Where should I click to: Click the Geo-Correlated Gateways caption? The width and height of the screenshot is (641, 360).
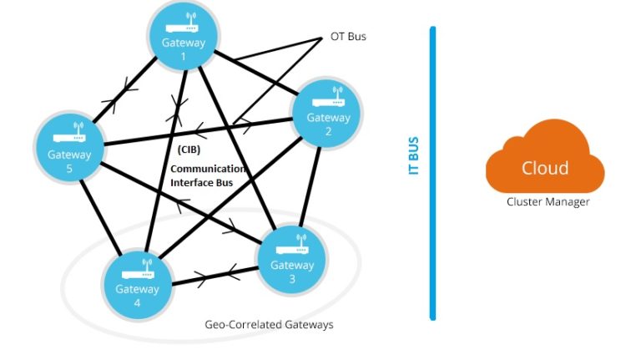pyautogui.click(x=269, y=324)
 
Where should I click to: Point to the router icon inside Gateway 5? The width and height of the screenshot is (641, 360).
pyautogui.click(x=69, y=134)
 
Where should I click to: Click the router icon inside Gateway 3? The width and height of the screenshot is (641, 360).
pyautogui.click(x=292, y=246)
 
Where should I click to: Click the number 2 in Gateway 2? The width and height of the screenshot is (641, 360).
pyautogui.click(x=329, y=132)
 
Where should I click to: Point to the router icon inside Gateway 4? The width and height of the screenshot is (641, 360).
pyautogui.click(x=136, y=270)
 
